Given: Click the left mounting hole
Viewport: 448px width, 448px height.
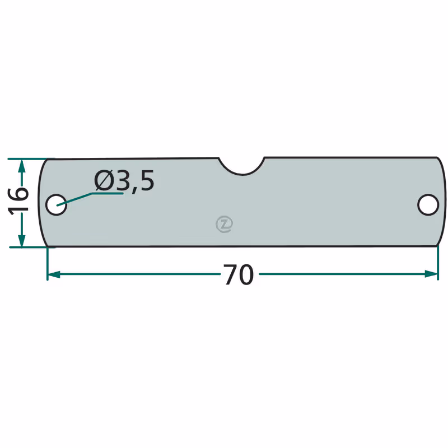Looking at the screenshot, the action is click(57, 204).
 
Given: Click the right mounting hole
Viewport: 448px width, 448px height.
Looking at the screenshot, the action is click(428, 204).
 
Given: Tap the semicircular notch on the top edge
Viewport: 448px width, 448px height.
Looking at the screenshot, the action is click(242, 171).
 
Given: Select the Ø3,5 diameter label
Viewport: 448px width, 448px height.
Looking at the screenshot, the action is click(124, 181).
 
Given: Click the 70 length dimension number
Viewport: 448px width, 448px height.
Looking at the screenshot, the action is click(239, 274).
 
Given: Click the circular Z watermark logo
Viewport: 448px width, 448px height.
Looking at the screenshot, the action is click(225, 223).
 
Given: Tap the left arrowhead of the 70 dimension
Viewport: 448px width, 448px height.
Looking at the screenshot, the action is click(54, 274).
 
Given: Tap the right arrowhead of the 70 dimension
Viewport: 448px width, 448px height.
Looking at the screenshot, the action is click(431, 274).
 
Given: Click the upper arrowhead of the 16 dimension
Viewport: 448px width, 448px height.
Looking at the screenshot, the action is click(22, 166).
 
